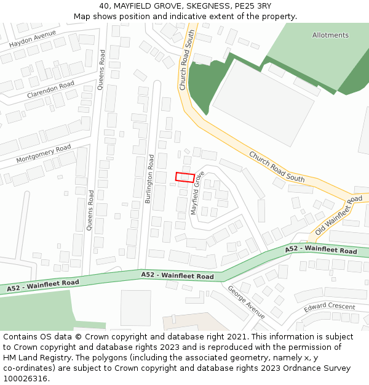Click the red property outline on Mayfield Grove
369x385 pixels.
click(x=184, y=177)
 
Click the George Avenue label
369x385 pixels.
click(x=246, y=298)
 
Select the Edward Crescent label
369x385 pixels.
click(x=329, y=306)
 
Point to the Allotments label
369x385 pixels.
click(x=330, y=35)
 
